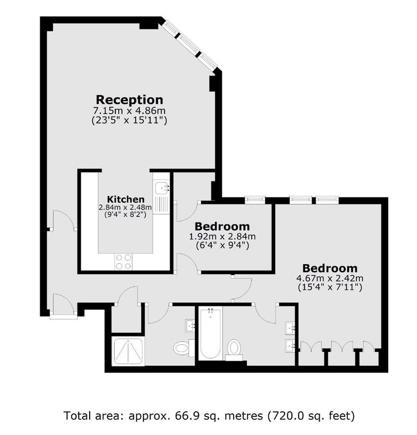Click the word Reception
coord(129,100)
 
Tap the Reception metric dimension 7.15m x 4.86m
coord(129,111)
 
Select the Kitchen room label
coord(126,199)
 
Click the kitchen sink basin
coord(161,188)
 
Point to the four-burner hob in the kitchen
coord(123,262)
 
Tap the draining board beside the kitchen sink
coord(161,204)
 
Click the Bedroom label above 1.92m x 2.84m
coord(222,226)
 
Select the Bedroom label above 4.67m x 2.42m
coord(330,268)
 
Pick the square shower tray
coord(128,351)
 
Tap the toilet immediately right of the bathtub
coord(234,349)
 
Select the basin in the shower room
coord(190,326)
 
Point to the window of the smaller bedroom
coord(255,200)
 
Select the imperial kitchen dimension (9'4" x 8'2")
coord(125,214)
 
